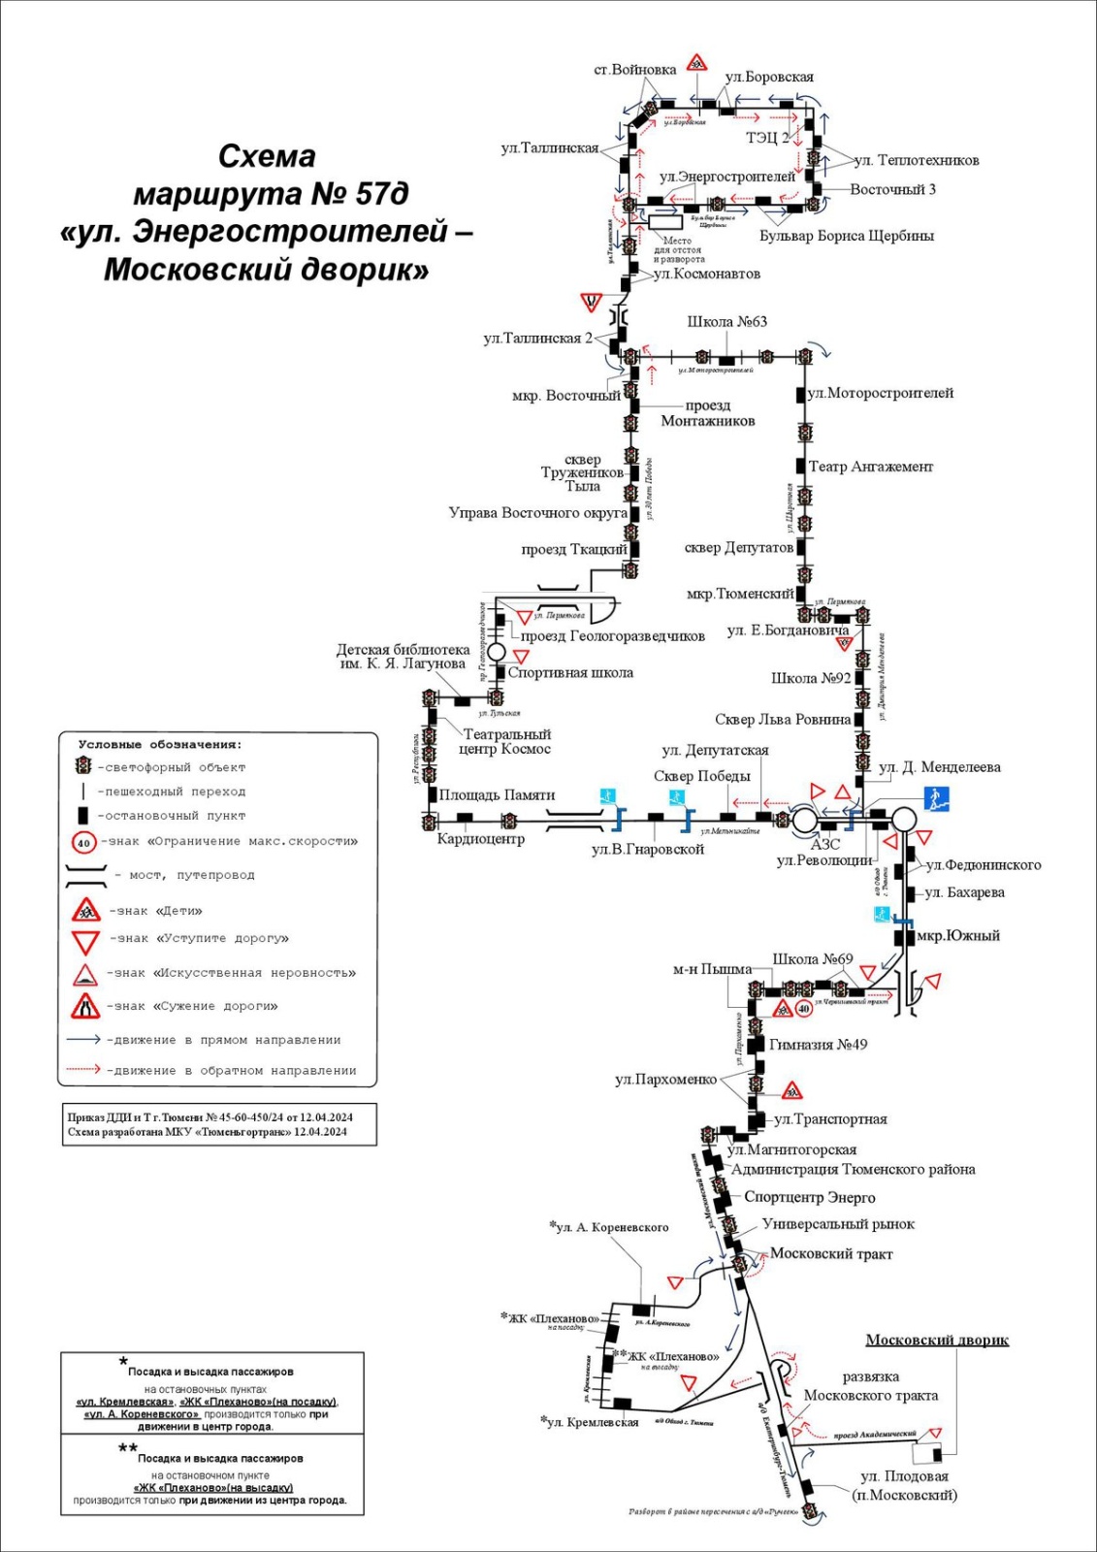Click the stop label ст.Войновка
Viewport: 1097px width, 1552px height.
point(634,70)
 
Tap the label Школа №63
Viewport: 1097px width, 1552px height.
point(726,322)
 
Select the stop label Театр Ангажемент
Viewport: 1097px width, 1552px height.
point(870,467)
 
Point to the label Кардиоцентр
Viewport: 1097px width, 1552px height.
point(480,839)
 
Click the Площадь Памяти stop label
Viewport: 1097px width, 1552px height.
point(497,795)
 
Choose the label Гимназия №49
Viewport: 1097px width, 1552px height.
point(818,1045)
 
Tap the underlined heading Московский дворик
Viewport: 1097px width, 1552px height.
point(936,1341)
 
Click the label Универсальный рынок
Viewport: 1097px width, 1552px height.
point(838,1224)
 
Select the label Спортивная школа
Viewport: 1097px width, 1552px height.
point(570,672)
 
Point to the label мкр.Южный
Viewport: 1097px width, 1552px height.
point(958,936)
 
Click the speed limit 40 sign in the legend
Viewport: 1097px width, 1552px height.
point(84,843)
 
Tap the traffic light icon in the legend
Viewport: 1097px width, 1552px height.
point(83,766)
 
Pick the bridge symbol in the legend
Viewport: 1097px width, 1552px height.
point(85,875)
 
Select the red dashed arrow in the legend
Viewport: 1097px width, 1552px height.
point(82,1070)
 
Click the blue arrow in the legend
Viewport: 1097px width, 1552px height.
point(82,1040)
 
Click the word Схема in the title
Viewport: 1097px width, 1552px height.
point(267,157)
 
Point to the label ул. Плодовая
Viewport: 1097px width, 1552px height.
point(904,1476)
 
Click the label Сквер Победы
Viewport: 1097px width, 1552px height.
point(701,776)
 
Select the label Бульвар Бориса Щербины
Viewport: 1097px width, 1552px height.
point(846,236)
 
